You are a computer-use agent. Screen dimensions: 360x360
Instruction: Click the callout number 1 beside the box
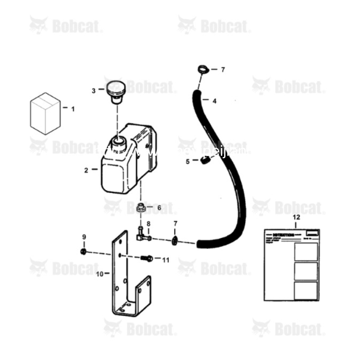pyautogui.click(x=73, y=108)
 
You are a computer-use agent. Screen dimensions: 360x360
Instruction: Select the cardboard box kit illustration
pyautogui.click(x=45, y=113)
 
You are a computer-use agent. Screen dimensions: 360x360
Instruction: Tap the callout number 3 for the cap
pyautogui.click(x=94, y=90)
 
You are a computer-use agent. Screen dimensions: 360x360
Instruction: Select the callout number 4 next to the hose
pyautogui.click(x=214, y=101)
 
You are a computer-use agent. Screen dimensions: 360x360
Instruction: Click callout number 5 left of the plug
pyautogui.click(x=188, y=161)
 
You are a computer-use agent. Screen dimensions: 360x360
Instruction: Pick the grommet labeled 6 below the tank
pyautogui.click(x=141, y=208)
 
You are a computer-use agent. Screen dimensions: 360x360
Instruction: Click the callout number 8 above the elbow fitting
pyautogui.click(x=148, y=223)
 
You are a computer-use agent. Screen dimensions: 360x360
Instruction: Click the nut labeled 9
pyautogui.click(x=83, y=250)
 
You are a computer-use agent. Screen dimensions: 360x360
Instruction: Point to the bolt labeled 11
pyautogui.click(x=145, y=259)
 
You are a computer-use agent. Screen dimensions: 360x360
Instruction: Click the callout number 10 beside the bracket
pyautogui.click(x=99, y=273)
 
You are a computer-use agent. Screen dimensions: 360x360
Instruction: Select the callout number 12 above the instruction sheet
pyautogui.click(x=296, y=217)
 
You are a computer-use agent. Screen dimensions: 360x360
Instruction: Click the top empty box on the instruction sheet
pyautogui.click(x=306, y=252)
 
